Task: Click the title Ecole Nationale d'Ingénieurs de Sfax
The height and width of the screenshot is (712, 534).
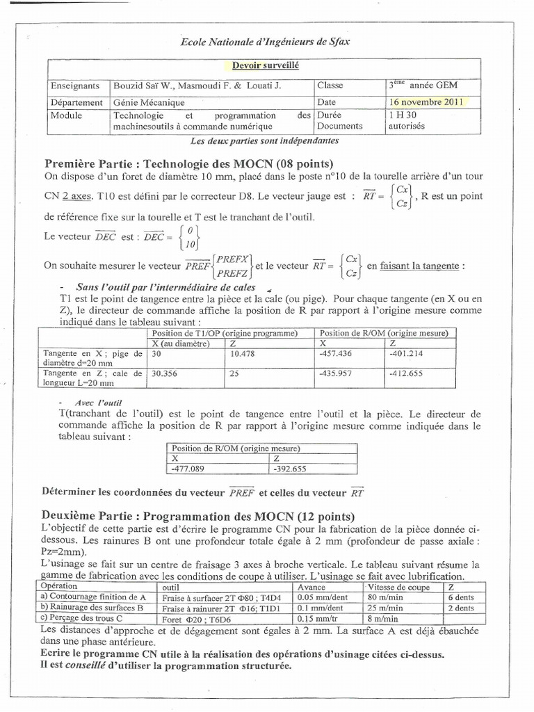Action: click(266, 42)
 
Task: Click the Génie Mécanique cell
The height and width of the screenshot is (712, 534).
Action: click(145, 102)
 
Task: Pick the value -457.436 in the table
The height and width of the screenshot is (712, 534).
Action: click(336, 354)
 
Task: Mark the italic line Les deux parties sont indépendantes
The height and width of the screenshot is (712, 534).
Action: click(264, 140)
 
